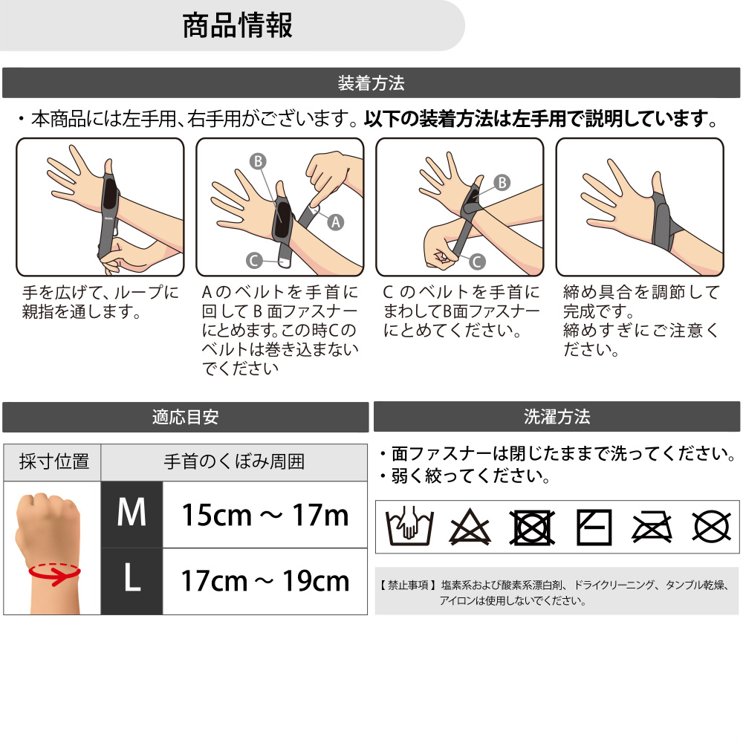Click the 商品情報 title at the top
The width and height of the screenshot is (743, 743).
pos(237,25)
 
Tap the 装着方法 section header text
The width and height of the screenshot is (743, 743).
pos(371,83)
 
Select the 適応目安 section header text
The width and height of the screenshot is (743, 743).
pos(185,417)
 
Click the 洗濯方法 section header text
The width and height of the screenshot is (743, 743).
pos(557,417)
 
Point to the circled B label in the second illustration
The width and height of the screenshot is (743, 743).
pos(259,161)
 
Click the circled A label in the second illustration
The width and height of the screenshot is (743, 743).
pos(336,221)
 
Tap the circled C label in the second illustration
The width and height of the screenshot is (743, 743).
pos(254,260)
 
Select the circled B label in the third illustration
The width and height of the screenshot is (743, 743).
pos(502,183)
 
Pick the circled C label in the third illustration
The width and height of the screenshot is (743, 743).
pos(477,261)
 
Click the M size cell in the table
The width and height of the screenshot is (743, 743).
pos(132,515)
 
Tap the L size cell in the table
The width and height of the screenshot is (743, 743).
pos(132,582)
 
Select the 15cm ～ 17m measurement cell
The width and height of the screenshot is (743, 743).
pos(265,515)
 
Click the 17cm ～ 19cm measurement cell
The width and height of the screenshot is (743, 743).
pos(265,582)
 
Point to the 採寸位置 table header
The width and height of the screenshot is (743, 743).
pos(53,461)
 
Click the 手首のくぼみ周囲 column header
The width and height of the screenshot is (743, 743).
pos(234,461)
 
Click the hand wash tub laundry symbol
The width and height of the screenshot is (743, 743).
pos(410,526)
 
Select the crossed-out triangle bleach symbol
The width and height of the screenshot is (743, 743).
pos(470,527)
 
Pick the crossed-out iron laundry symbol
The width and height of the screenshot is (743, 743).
pos(652,527)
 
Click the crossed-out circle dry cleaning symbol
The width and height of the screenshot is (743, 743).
pos(711,527)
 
